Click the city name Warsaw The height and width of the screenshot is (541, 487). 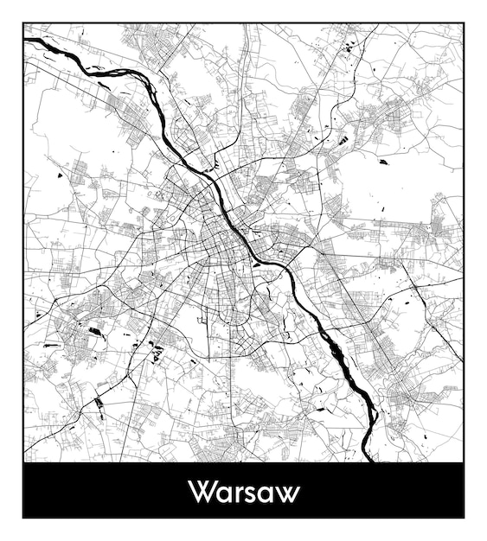point(244,492)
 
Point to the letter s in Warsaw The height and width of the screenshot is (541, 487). point(251,494)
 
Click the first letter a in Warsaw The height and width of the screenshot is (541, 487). point(223,494)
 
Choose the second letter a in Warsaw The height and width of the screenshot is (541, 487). point(266,494)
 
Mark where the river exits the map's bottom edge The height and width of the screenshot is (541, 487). point(369,460)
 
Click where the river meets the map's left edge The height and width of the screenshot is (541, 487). point(26,39)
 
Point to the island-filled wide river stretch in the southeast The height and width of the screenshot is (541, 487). point(346,363)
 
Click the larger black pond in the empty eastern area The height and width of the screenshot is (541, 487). point(383,162)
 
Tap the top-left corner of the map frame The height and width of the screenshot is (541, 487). point(23,23)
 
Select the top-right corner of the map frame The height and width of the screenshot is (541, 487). point(464,23)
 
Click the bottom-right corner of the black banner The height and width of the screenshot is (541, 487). point(464,518)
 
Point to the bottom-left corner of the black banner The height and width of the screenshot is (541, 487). point(23,518)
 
